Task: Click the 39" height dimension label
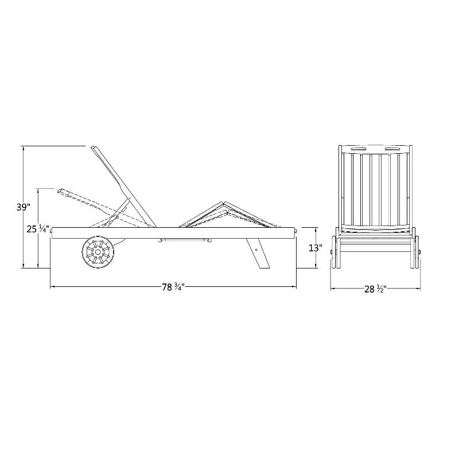click(24, 207)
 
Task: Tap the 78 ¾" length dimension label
click(174, 287)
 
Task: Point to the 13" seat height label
click(316, 248)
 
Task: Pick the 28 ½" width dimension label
click(376, 289)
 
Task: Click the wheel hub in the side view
click(98, 252)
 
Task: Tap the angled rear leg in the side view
click(258, 254)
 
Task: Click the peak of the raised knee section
click(223, 202)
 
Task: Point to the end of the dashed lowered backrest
click(60, 191)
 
